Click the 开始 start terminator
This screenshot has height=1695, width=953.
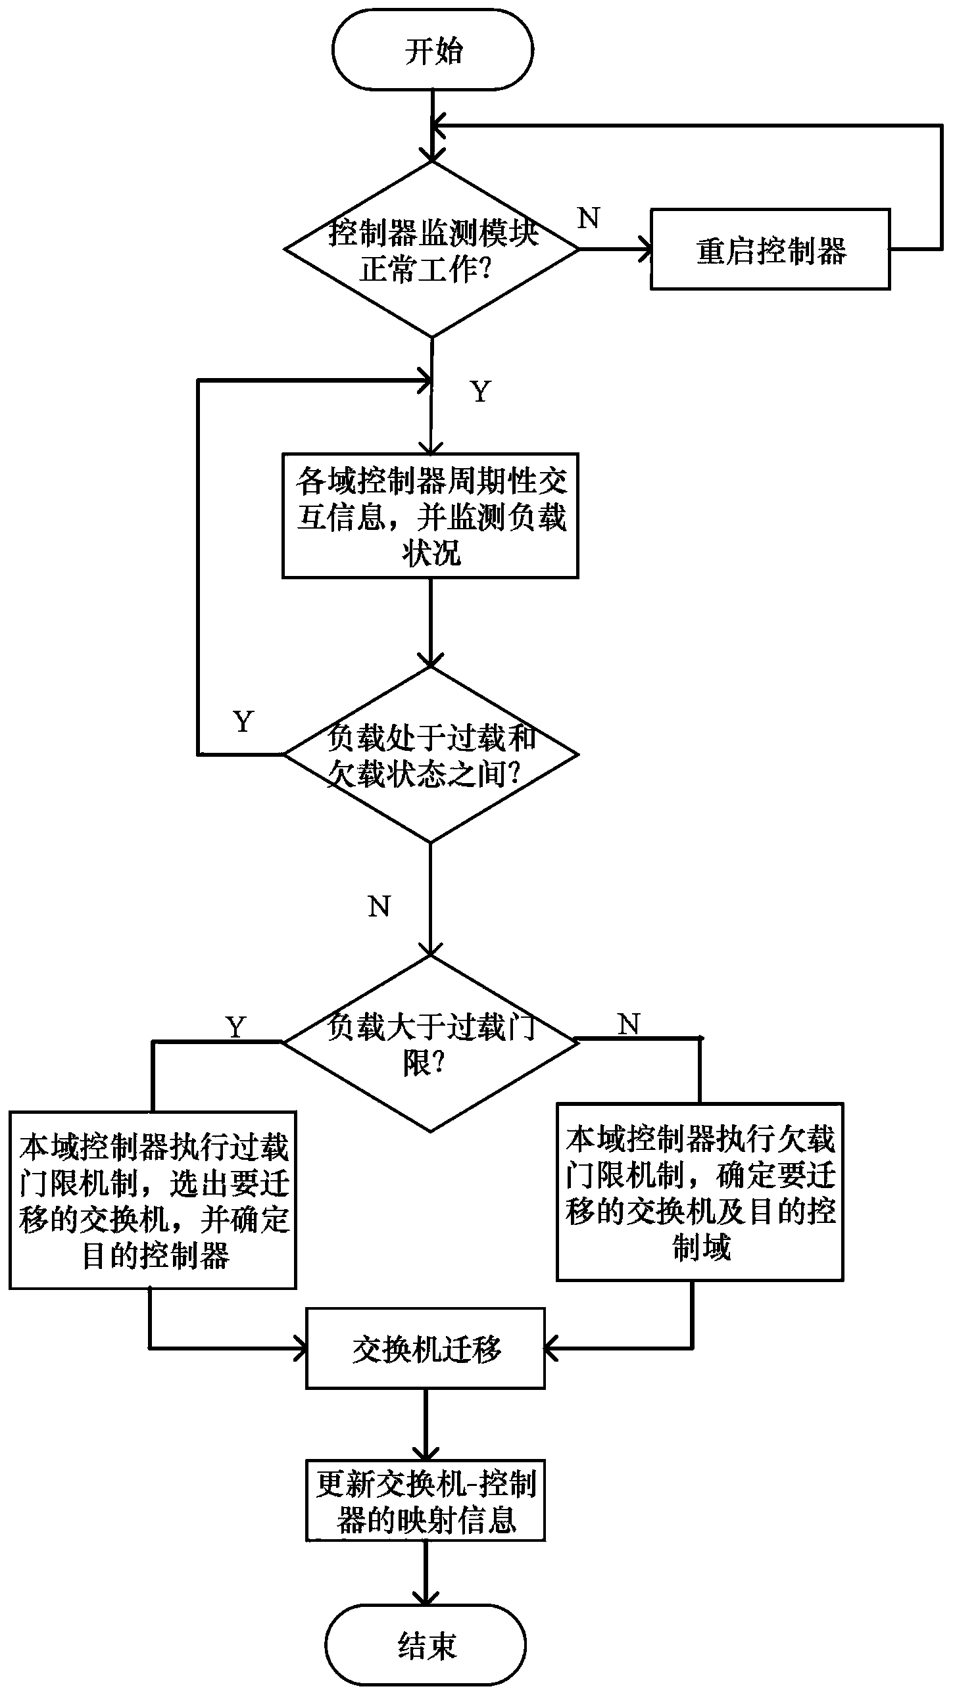(431, 50)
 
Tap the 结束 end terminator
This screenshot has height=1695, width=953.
(426, 1644)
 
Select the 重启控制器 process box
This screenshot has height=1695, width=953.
(770, 250)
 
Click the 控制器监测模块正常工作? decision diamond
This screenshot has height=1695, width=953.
(431, 250)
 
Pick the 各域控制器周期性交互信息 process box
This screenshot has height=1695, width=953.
(430, 516)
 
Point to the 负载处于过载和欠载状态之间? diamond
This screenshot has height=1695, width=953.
(430, 755)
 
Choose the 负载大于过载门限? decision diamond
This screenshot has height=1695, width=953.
(430, 1043)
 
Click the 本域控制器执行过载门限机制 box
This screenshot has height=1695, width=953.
(153, 1201)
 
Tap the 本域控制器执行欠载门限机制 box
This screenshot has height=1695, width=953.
(700, 1192)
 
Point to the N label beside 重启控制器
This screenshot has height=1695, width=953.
(589, 218)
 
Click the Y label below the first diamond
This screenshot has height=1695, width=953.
(481, 392)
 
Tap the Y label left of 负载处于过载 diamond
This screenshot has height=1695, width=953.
(243, 722)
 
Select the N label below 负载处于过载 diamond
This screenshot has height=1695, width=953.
(379, 907)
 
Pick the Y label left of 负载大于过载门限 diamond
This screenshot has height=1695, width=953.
(235, 1026)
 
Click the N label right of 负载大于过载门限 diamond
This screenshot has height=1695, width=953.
(629, 1024)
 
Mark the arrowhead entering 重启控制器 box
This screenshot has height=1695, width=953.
(646, 250)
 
